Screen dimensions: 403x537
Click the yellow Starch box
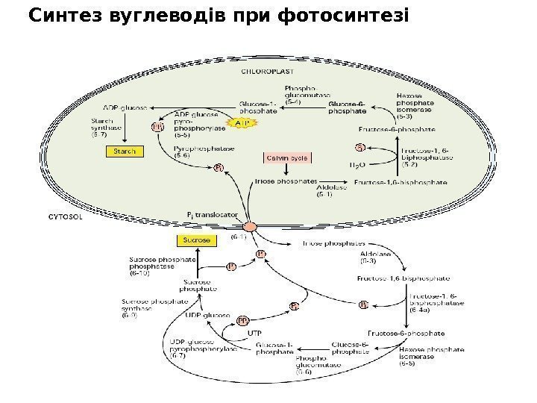(x=124, y=151)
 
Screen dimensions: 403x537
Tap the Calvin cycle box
(x=287, y=157)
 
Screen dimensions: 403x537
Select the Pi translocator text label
(x=212, y=213)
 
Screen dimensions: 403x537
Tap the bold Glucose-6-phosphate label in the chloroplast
(x=347, y=107)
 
